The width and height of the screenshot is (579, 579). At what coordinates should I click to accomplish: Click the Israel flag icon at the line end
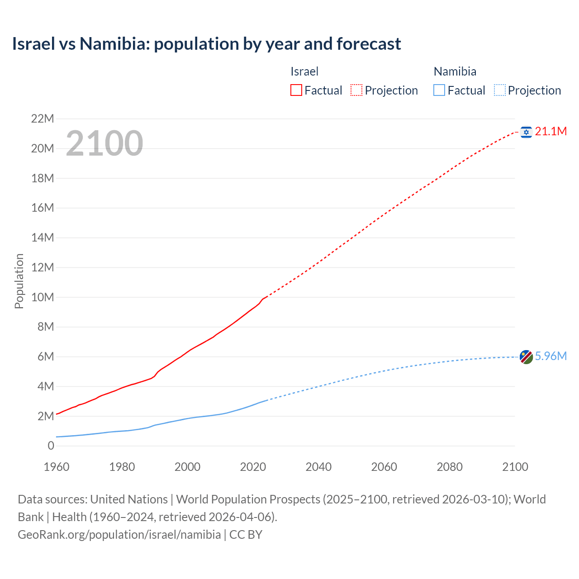tap(526, 132)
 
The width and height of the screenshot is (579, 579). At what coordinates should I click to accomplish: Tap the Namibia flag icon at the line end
tap(526, 357)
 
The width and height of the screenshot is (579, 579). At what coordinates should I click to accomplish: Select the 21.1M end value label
tap(551, 132)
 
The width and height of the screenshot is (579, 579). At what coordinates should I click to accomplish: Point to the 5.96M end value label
tap(551, 356)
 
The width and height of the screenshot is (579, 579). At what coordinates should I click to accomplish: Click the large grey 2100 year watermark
tap(104, 143)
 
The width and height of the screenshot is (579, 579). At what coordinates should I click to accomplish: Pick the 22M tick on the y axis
tap(43, 119)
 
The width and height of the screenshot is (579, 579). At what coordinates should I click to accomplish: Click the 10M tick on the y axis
tap(43, 297)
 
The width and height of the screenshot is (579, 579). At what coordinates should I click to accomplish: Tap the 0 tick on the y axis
tap(51, 446)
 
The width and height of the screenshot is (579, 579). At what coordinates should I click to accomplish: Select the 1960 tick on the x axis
tap(57, 467)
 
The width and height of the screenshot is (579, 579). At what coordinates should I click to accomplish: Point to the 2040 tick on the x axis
tap(318, 467)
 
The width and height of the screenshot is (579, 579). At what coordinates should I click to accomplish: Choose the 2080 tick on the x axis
tap(450, 467)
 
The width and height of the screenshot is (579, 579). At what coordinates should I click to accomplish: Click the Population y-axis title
tap(19, 281)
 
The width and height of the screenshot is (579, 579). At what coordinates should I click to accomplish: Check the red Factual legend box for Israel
tap(296, 90)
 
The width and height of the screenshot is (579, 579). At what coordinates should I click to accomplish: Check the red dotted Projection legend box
tap(356, 90)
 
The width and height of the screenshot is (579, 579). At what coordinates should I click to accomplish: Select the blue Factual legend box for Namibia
tap(439, 90)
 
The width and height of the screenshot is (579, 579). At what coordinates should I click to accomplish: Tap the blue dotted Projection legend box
tap(500, 90)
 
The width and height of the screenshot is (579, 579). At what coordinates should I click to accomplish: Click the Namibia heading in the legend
tap(455, 71)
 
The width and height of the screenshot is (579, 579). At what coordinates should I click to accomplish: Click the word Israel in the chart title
tap(33, 44)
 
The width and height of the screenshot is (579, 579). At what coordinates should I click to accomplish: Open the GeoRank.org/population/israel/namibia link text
tap(119, 535)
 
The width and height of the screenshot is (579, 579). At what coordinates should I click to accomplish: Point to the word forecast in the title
tap(369, 44)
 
